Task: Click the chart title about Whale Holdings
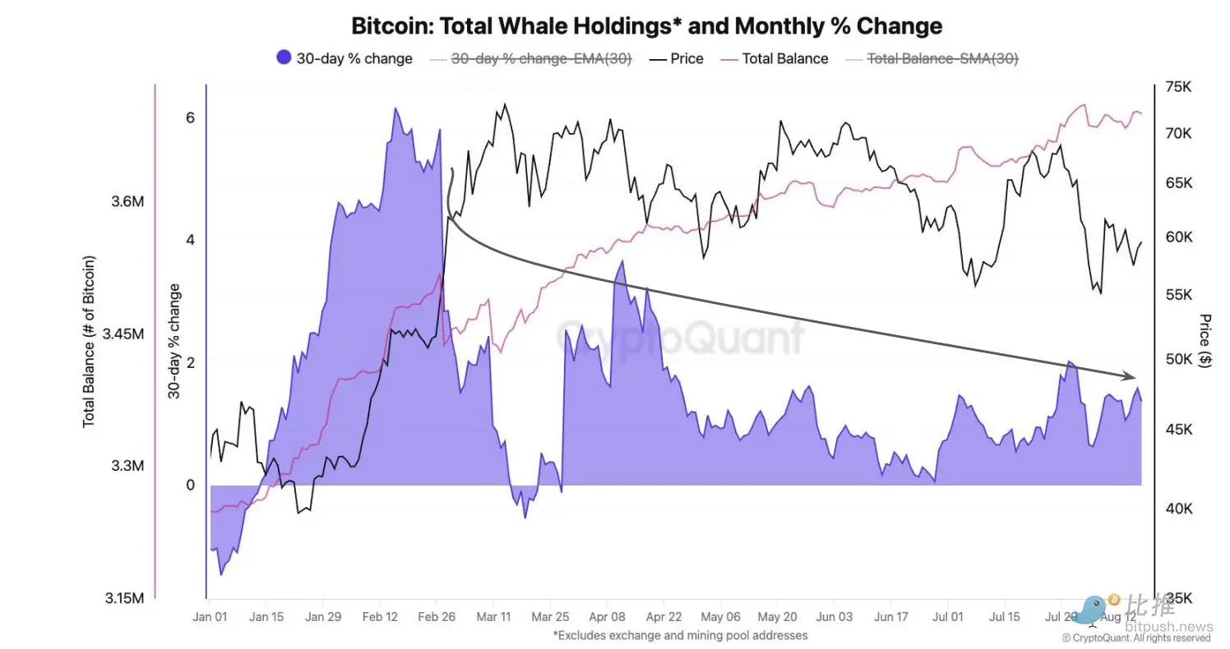[x=646, y=25]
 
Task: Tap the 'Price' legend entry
[x=676, y=58]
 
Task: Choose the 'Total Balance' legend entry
[x=774, y=58]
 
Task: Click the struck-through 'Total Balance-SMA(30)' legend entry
[x=932, y=58]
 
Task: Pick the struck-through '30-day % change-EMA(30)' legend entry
[x=531, y=58]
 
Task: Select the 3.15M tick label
[x=125, y=598]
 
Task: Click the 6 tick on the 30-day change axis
[x=190, y=117]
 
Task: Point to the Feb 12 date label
[x=380, y=616]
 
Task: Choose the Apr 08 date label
[x=607, y=616]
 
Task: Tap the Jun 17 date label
[x=891, y=616]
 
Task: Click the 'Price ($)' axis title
[x=1205, y=340]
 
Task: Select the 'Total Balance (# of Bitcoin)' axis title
[x=89, y=341]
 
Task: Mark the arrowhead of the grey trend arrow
[x=1131, y=376]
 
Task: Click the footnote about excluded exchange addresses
[x=680, y=635]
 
